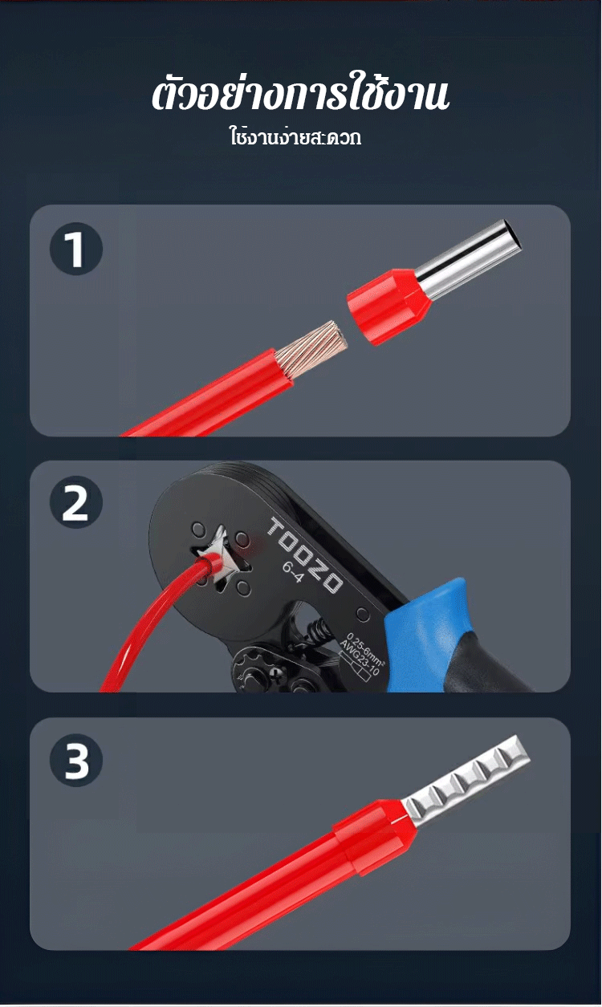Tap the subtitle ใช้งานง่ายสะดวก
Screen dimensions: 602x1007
pyautogui.click(x=295, y=137)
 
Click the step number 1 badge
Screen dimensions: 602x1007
pyautogui.click(x=76, y=249)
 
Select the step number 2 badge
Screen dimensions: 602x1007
pyautogui.click(x=76, y=502)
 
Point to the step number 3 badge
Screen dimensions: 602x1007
pyautogui.click(x=76, y=760)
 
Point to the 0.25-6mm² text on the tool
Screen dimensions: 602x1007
pyautogui.click(x=366, y=648)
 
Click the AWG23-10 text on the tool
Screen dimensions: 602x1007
pyautogui.click(x=360, y=658)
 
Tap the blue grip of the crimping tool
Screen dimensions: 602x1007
pyautogui.click(x=432, y=629)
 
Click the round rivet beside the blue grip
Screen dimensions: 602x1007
pyautogui.click(x=362, y=614)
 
